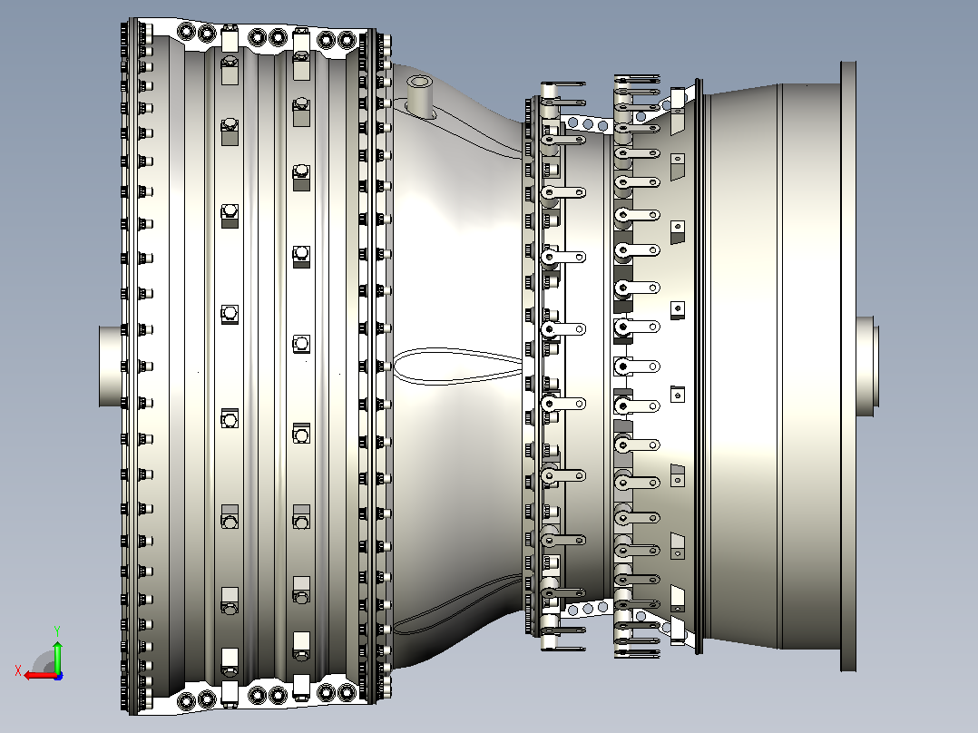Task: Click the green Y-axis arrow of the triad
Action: coord(57,655)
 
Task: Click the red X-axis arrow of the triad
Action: coord(41,675)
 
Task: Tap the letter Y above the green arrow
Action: coord(57,630)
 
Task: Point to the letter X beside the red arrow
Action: coord(18,670)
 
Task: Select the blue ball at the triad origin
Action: coord(58,676)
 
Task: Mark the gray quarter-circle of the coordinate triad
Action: coord(44,662)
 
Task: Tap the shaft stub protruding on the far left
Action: coord(112,366)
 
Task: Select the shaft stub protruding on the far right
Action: coord(867,366)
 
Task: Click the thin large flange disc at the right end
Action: coord(848,366)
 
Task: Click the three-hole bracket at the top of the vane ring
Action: coord(588,123)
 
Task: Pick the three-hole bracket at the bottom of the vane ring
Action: coord(588,608)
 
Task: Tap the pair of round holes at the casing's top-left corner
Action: coord(197,32)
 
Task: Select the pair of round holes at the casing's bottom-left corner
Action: coord(197,700)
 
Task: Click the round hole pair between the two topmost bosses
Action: coord(267,37)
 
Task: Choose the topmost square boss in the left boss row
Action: coord(230,39)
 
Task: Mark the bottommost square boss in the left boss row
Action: coord(230,694)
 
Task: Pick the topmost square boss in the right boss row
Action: coord(301,43)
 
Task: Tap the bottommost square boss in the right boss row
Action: coord(301,689)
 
